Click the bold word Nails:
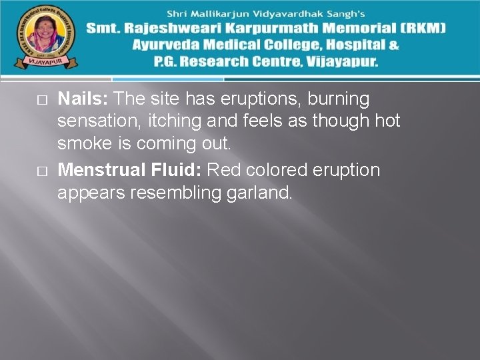(x=83, y=99)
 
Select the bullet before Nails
(x=42, y=100)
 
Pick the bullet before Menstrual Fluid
(x=42, y=171)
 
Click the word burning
(x=338, y=99)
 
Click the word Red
(x=225, y=170)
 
